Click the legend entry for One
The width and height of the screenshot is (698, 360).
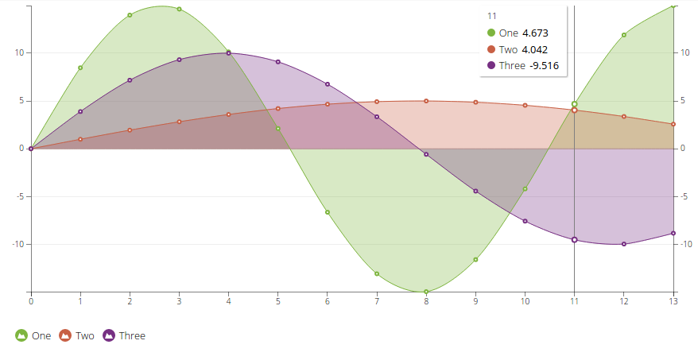(x=33, y=335)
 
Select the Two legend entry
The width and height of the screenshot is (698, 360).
(x=76, y=335)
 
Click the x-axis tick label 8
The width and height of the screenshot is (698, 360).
(x=426, y=301)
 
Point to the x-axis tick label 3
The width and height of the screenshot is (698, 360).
(x=179, y=301)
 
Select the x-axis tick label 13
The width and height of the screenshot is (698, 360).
(x=673, y=301)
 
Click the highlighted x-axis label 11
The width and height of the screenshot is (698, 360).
(x=574, y=301)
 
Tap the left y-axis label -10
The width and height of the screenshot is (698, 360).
(x=18, y=244)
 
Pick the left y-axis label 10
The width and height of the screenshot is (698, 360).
(x=20, y=53)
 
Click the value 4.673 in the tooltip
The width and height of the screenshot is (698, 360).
(x=535, y=33)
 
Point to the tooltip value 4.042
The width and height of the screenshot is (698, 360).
(x=534, y=49)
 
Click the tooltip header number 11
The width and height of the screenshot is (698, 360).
(x=492, y=16)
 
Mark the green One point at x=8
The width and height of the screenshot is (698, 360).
(x=426, y=292)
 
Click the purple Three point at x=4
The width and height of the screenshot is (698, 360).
(x=228, y=53)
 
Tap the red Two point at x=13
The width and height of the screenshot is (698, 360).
(x=673, y=124)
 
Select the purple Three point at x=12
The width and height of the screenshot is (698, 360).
(x=624, y=244)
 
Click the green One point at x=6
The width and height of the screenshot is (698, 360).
(x=328, y=212)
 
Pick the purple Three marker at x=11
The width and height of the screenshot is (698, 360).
(x=574, y=239)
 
